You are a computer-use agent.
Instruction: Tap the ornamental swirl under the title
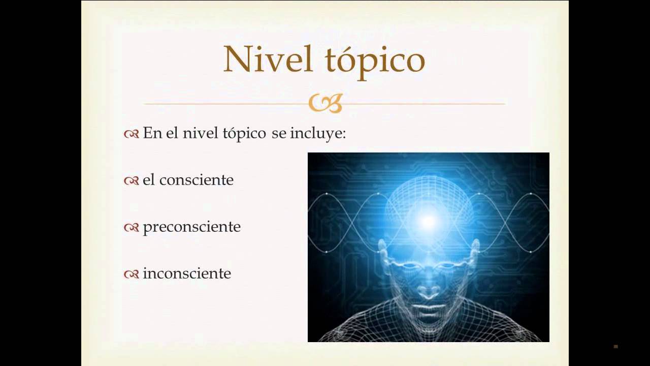point(326,103)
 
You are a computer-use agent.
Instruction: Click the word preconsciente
point(191,227)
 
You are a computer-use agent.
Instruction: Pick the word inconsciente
point(186,273)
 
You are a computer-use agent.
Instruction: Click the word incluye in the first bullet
point(318,133)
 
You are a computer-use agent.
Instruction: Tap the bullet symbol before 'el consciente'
point(131,180)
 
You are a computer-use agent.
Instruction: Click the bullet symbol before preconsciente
point(131,227)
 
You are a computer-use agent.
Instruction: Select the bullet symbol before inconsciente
point(131,274)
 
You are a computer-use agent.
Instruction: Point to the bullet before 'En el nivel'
point(131,134)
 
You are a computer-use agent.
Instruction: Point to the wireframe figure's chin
point(428,325)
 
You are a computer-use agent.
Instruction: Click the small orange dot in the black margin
point(615,347)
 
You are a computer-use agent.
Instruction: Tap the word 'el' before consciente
point(149,180)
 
